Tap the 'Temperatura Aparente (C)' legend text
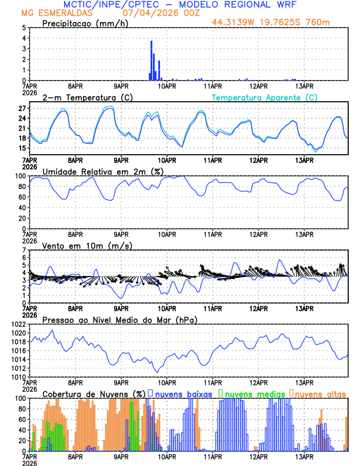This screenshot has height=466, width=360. tap(264, 97)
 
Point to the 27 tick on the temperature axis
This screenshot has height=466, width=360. tap(21, 109)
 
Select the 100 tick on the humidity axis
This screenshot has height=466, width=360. tap(19, 176)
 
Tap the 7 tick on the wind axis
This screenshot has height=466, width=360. tap(23, 250)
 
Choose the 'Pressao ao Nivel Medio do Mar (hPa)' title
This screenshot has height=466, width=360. tap(119, 319)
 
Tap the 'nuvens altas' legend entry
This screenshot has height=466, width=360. tap(320, 393)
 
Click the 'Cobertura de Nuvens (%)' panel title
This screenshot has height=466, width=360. tap(94, 393)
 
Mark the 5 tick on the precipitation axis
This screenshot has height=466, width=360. tap(23, 28)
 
